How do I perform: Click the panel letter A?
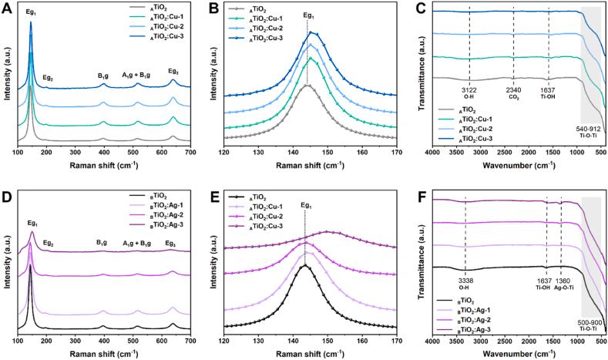(6, 7)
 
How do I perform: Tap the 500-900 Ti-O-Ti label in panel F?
(590, 322)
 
